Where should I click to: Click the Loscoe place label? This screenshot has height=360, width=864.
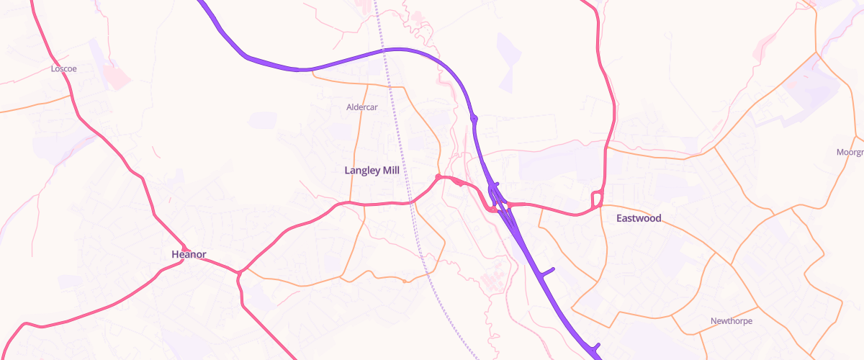[x=64, y=69]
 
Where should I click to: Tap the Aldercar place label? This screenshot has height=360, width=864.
[x=362, y=107]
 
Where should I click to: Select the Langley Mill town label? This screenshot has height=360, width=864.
[x=372, y=171]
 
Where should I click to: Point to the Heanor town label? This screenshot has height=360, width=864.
[x=189, y=254]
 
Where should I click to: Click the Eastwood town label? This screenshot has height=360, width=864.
[x=639, y=218]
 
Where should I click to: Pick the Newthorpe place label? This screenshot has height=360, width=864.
[x=731, y=321]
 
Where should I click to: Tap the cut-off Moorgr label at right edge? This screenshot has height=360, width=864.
[x=850, y=153]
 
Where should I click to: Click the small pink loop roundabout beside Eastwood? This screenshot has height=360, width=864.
[x=596, y=199]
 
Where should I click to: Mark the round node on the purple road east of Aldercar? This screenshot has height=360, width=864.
[x=474, y=118]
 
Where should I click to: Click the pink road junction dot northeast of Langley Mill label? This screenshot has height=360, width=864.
[x=438, y=176]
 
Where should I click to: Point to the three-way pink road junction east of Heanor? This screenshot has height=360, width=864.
[x=239, y=272]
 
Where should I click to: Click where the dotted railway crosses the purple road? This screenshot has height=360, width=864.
[x=387, y=50]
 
